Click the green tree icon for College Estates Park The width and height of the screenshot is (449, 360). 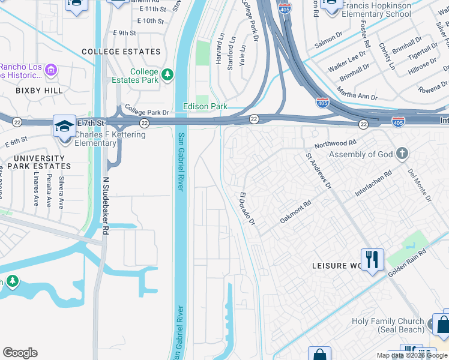(x=168, y=75)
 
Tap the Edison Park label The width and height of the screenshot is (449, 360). (x=205, y=106)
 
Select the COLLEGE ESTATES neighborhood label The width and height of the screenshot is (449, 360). (x=122, y=52)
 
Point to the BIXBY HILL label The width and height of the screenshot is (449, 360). (x=23, y=90)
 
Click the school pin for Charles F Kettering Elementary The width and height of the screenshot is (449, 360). (x=64, y=127)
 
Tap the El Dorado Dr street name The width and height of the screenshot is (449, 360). (x=247, y=209)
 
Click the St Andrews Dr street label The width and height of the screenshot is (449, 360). (x=319, y=170)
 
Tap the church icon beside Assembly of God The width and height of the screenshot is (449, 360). (x=402, y=154)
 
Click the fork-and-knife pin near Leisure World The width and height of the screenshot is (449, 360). (x=372, y=259)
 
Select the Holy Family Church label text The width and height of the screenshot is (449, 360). (x=387, y=325)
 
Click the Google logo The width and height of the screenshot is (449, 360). (x=20, y=353)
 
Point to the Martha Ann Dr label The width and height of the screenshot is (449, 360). (x=357, y=94)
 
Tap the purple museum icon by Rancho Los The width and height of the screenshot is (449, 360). (x=51, y=71)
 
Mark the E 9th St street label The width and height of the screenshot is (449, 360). (x=124, y=33)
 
